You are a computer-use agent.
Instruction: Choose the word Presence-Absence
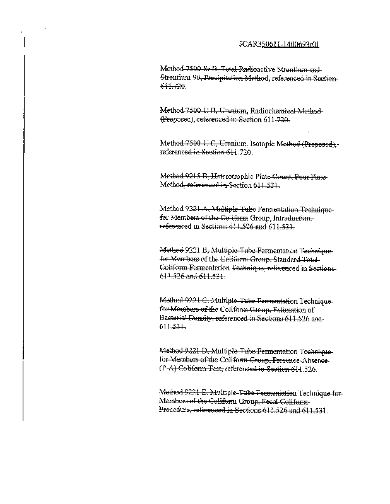(x=305, y=358)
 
